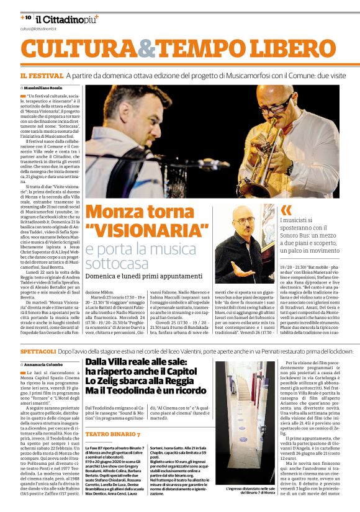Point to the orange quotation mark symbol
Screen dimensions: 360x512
point(286,210)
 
